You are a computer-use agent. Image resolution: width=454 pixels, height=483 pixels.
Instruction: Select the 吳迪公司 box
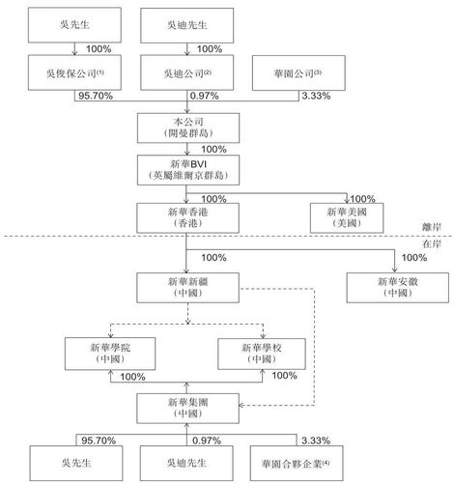tap(186, 73)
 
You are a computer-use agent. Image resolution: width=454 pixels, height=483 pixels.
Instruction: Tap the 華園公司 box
tap(298, 73)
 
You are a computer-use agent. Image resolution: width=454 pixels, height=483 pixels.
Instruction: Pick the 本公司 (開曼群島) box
tap(186, 128)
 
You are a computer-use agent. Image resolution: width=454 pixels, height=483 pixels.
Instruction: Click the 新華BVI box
tap(186, 170)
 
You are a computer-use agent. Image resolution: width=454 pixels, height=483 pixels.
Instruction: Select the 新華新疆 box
tap(186, 287)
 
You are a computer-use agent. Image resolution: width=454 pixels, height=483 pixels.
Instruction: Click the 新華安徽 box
tap(393, 287)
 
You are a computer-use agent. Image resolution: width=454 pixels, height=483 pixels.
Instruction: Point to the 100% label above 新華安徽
tap(412, 258)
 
